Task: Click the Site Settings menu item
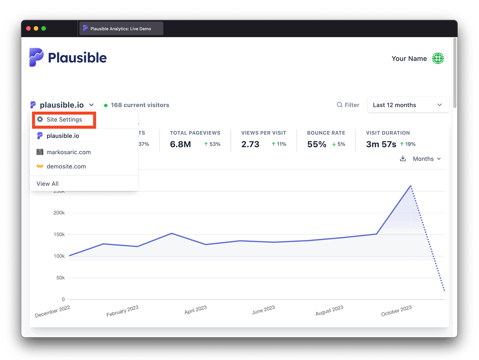point(64,120)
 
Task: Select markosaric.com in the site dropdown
point(68,152)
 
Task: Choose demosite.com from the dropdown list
point(66,166)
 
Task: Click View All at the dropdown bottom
point(48,184)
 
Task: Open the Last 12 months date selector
point(408,105)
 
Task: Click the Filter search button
point(348,105)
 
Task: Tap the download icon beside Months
point(403,159)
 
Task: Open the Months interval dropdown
point(427,159)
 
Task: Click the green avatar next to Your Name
point(438,58)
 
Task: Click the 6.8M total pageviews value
point(181,144)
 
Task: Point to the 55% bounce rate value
point(316,144)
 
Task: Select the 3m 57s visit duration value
point(381,144)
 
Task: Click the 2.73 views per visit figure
point(250,144)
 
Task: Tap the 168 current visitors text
point(140,105)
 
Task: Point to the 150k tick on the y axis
point(59,234)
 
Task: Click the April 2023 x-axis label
point(195,310)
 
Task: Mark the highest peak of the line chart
point(410,186)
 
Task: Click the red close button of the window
point(28,28)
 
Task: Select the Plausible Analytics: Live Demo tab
point(121,29)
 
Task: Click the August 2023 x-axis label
point(329,311)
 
